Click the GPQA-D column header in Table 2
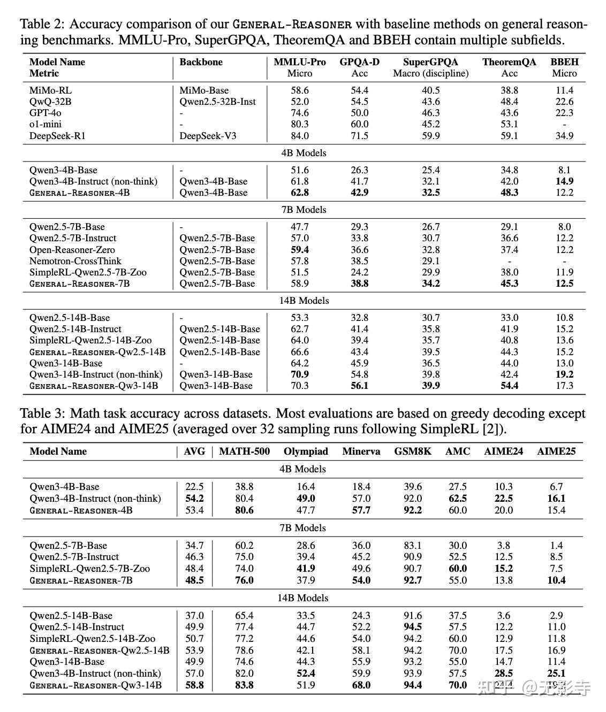click(x=359, y=62)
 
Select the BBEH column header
click(x=564, y=62)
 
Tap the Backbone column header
click(x=201, y=62)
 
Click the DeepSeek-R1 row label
click(x=57, y=136)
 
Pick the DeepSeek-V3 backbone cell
click(x=208, y=136)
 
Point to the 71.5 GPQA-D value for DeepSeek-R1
click(x=359, y=136)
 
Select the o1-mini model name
click(x=46, y=124)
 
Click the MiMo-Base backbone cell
click(x=204, y=90)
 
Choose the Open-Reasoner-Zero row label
click(x=72, y=250)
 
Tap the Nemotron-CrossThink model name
click(x=75, y=261)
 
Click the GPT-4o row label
click(x=46, y=113)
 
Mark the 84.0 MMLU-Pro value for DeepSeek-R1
click(x=300, y=136)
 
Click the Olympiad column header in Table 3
click(x=306, y=451)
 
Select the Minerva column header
click(x=361, y=451)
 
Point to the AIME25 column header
click(x=556, y=451)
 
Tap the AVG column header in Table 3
click(x=194, y=451)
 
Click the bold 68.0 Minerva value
click(x=361, y=685)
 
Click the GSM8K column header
click(x=413, y=451)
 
